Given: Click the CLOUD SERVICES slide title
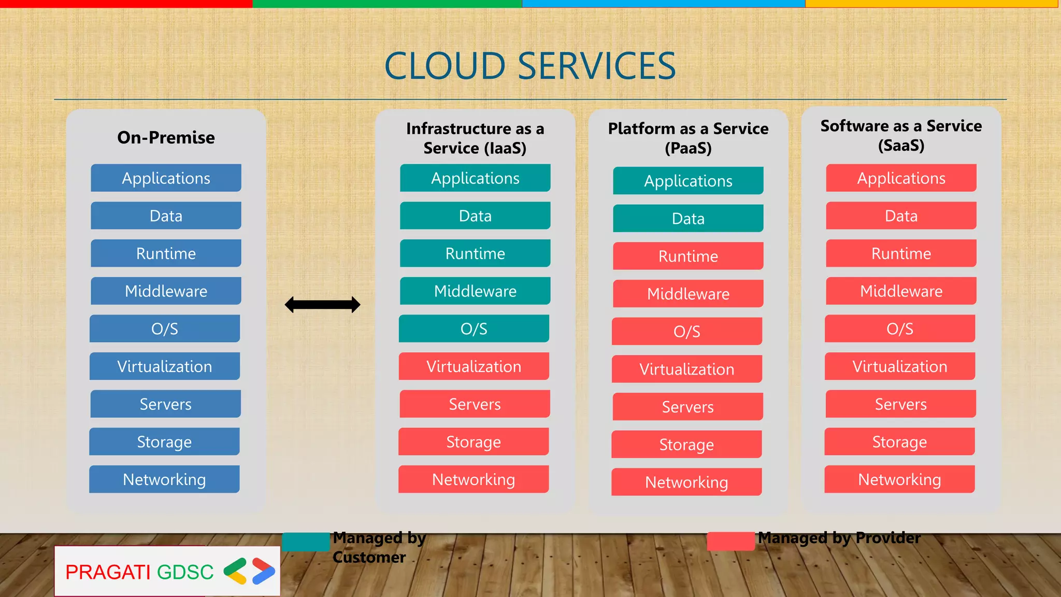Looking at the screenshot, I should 530,66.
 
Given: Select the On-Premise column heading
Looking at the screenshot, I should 166,137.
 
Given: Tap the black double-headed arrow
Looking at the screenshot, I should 322,305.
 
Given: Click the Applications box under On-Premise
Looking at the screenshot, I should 166,178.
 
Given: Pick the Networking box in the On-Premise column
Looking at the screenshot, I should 164,479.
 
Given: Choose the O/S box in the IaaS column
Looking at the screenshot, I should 474,329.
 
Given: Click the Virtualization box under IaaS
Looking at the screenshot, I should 474,366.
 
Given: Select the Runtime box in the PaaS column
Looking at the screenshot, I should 688,256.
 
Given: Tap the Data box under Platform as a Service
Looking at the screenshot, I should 688,219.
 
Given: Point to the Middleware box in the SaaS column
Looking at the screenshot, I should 901,291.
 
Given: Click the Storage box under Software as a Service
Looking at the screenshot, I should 899,442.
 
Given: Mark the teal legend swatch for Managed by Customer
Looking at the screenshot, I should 306,542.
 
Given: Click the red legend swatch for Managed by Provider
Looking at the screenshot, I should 730,541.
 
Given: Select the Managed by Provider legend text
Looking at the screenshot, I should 839,538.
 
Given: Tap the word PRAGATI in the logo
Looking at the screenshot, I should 107,572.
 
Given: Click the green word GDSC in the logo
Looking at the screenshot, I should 185,572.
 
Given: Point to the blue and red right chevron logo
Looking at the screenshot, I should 264,571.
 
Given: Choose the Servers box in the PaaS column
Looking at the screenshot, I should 687,407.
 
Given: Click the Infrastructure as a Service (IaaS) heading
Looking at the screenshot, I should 475,138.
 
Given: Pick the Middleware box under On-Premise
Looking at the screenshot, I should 166,291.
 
